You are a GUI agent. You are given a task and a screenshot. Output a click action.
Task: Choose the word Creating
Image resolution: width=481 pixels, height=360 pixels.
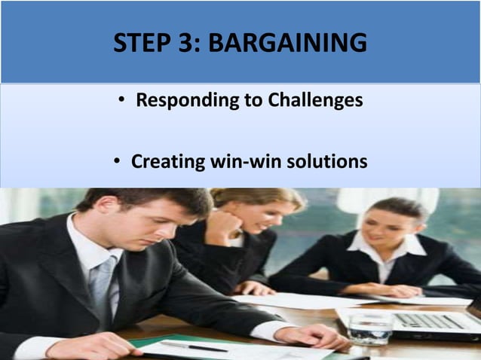[164, 161]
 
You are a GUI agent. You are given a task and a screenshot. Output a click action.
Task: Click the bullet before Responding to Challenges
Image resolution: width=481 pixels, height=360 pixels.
[121, 101]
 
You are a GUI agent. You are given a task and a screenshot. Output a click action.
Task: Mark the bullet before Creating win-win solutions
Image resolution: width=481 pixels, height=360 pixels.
[116, 161]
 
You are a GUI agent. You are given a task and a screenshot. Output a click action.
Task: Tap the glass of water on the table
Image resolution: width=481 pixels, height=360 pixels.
[370, 327]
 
